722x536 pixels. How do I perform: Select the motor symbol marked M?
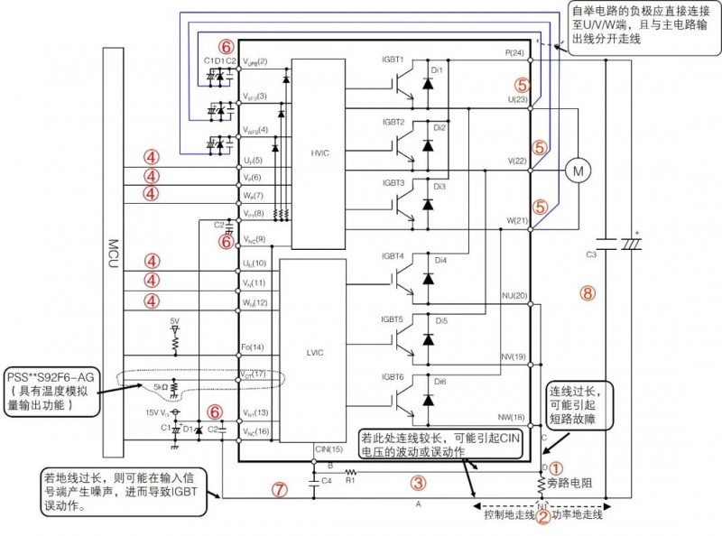(576, 169)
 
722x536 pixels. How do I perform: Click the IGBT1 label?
(393, 60)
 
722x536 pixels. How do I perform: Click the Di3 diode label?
(439, 187)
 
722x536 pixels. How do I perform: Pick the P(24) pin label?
(514, 54)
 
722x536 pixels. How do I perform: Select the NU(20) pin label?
(514, 296)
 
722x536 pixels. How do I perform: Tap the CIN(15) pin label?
(329, 448)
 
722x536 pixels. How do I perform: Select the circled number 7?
(281, 490)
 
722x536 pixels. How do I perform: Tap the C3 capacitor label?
(592, 255)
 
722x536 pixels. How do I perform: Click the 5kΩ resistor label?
(162, 388)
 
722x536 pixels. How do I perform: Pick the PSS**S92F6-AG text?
(49, 374)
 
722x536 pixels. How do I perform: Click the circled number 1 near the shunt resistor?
(557, 468)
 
